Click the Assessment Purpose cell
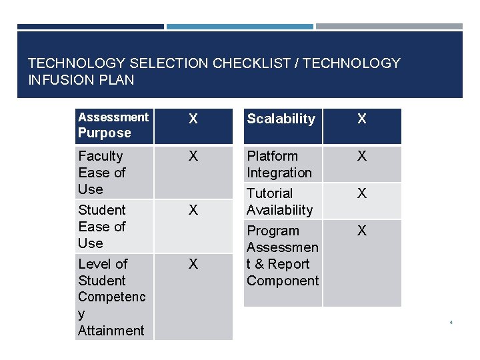pyautogui.click(x=113, y=125)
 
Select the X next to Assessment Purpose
pyautogui.click(x=193, y=119)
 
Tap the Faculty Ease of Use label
pyautogui.click(x=101, y=173)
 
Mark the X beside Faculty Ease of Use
pyautogui.click(x=193, y=157)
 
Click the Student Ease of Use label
pyautogui.click(x=101, y=227)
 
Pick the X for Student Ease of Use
pyautogui.click(x=193, y=211)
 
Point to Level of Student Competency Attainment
pyautogui.click(x=111, y=297)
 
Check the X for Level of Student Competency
pyautogui.click(x=193, y=265)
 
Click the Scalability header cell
pyautogui.click(x=281, y=119)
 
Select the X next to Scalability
pyautogui.click(x=362, y=119)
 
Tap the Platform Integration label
pyautogui.click(x=279, y=165)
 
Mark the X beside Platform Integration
pyautogui.click(x=362, y=157)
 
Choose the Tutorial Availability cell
pyautogui.click(x=279, y=201)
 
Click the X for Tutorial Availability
pyautogui.click(x=362, y=194)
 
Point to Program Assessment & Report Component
pyautogui.click(x=283, y=256)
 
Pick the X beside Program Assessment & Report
pyautogui.click(x=362, y=231)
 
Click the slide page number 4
pyautogui.click(x=451, y=323)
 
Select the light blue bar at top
pyautogui.click(x=239, y=27)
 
